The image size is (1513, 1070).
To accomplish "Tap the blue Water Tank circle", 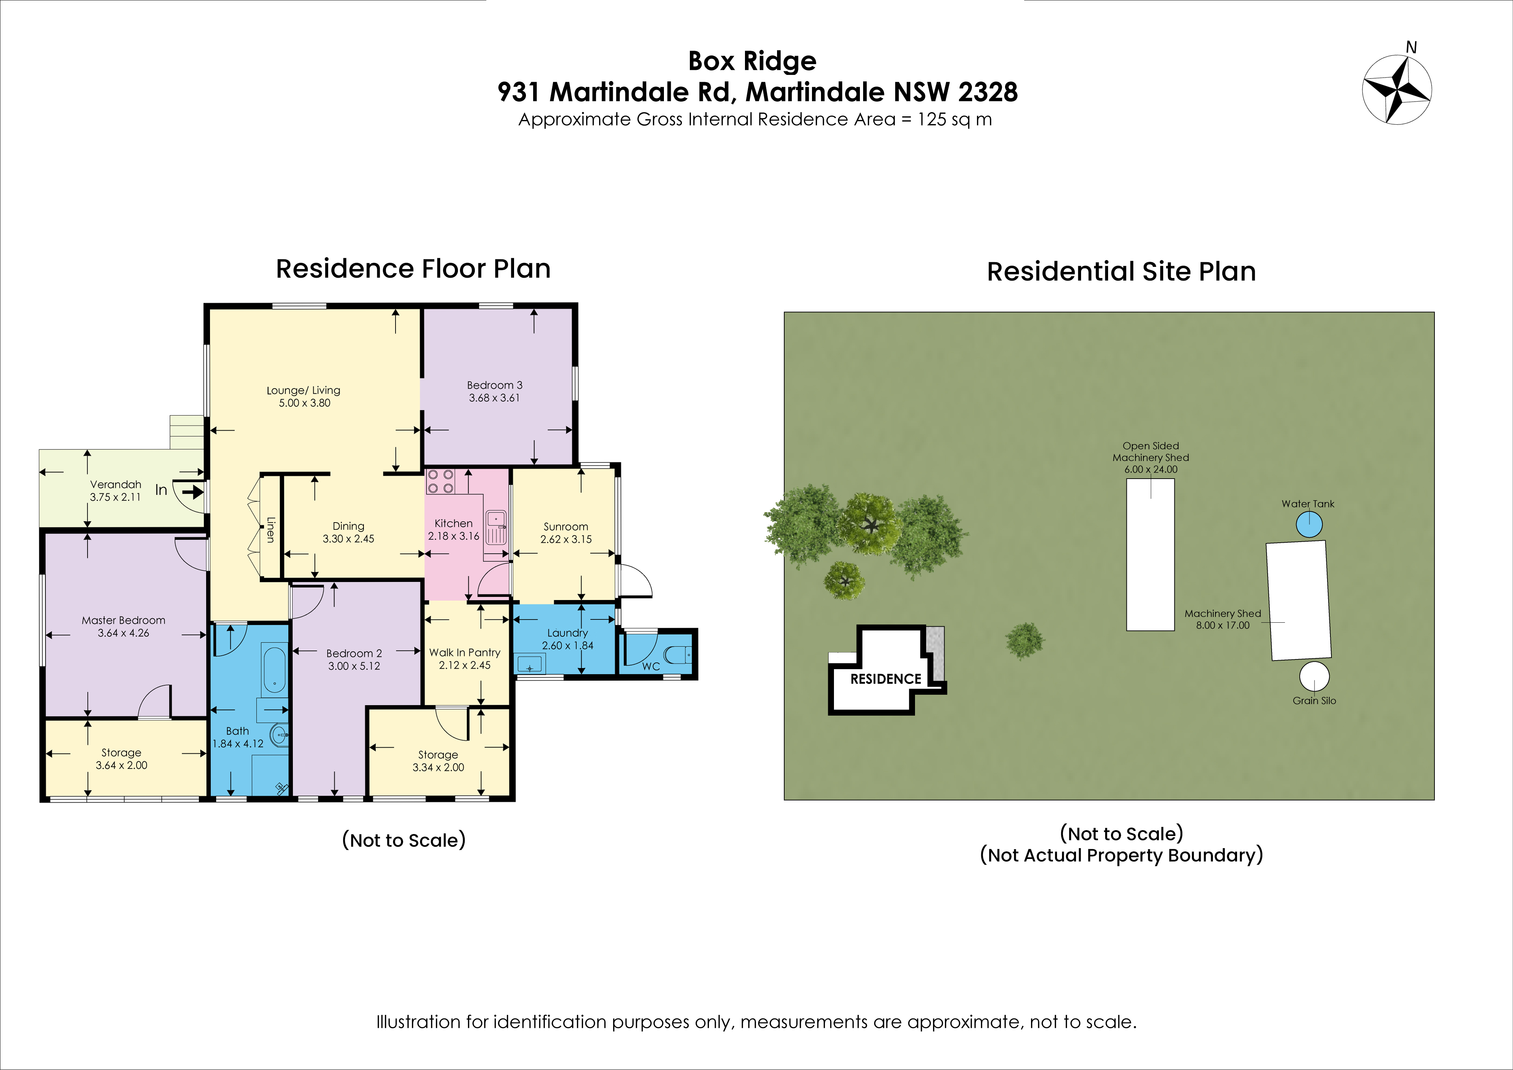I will point(1309,525).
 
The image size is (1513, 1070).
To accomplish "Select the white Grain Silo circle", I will point(1314,676).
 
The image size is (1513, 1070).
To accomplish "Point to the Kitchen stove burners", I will point(440,481).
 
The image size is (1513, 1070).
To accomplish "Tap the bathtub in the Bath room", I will point(274,669).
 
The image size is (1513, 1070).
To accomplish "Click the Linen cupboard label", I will point(270,529).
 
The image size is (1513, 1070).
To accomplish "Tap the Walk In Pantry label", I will point(465,652).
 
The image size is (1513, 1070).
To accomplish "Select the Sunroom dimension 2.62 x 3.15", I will point(566,539).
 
